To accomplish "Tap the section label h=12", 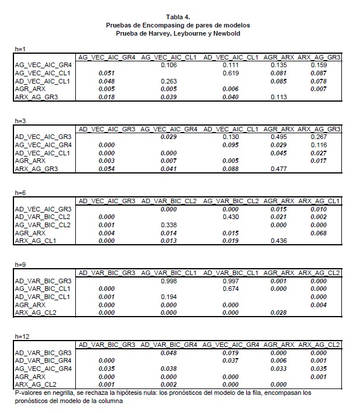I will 22,337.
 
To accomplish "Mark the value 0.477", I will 279,168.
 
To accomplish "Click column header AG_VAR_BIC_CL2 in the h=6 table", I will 230,201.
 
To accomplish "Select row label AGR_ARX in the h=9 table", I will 30,304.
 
